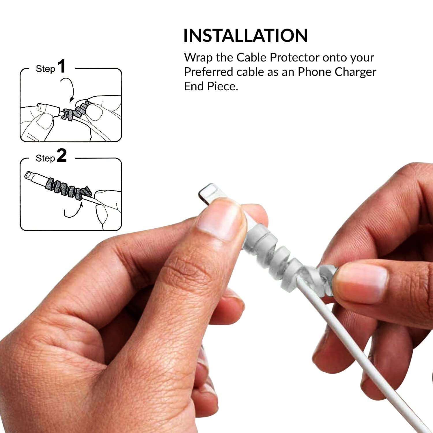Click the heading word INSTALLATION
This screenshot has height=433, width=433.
245,36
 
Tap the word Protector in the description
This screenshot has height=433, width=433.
294,58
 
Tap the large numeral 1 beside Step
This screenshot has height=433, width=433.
62,67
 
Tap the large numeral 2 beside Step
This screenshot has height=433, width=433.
62,156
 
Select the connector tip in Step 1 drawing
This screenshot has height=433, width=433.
42,108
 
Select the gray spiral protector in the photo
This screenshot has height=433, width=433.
277,248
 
